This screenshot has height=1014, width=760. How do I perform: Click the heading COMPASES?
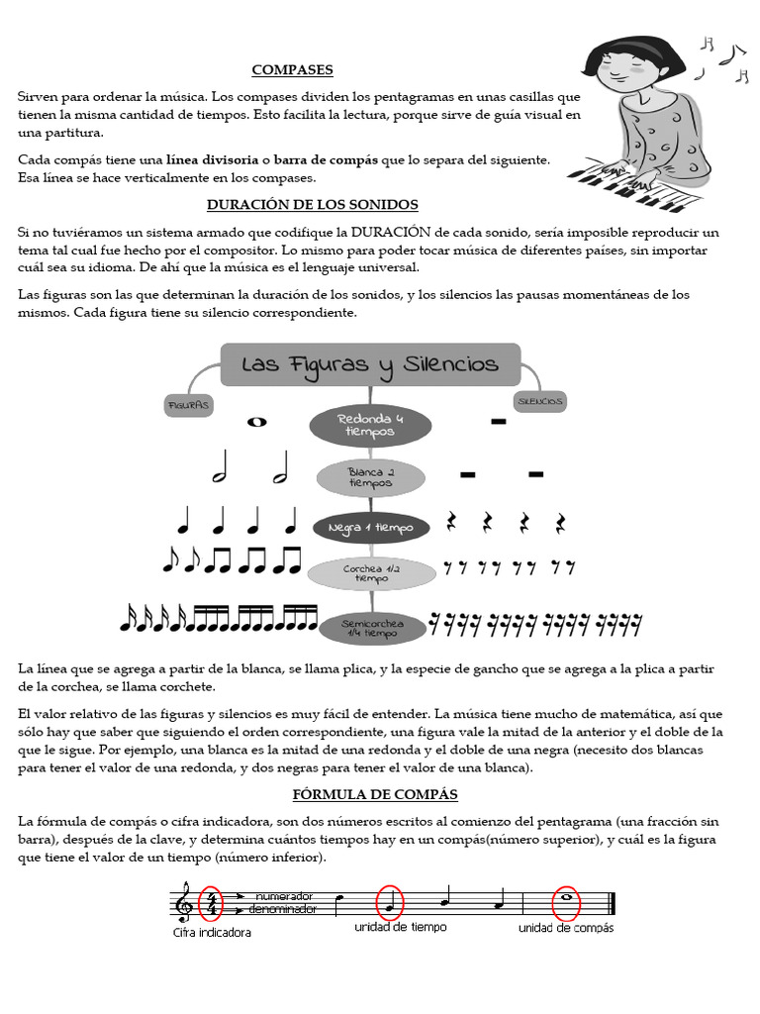point(292,70)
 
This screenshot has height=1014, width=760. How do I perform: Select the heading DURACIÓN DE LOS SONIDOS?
point(312,205)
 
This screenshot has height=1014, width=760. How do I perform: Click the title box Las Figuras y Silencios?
point(369,364)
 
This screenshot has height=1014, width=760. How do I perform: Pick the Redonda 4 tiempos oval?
point(369,426)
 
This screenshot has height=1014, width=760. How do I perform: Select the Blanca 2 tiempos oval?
point(370,477)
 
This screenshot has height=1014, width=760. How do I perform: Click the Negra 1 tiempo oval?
point(371,528)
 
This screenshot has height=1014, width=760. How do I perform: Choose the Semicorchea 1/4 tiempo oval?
point(369,628)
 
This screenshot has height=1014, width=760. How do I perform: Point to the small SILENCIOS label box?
point(540,401)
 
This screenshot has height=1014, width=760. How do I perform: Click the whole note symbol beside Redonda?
point(257,422)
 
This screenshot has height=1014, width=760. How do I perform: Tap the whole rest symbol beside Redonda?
point(498,423)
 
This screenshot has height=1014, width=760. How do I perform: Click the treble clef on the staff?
point(183,902)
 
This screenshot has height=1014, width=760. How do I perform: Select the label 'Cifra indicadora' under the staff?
point(212,933)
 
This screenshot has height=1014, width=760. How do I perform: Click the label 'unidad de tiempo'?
point(400,928)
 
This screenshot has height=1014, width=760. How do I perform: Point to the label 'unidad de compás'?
point(565,929)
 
